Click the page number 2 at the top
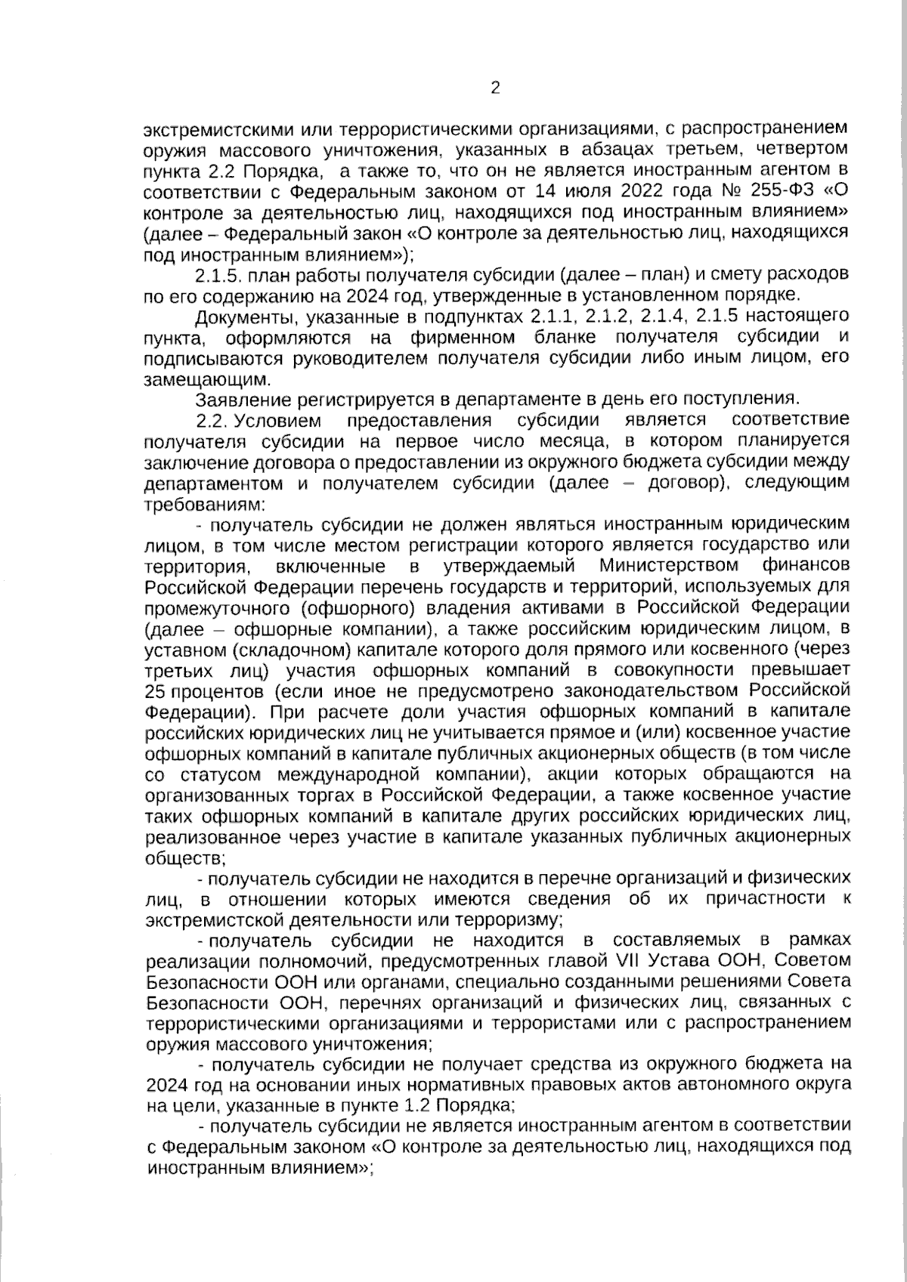coord(495,88)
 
